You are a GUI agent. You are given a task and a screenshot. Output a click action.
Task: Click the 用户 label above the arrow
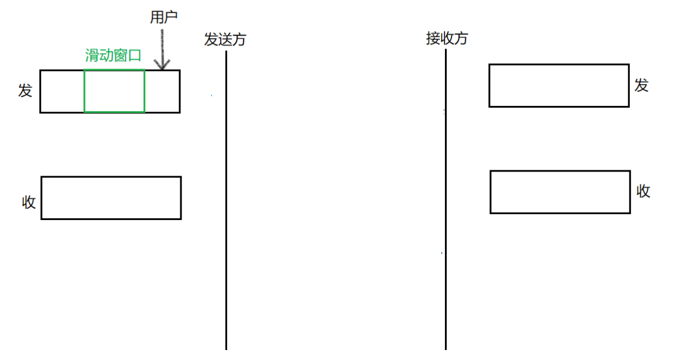pyautogui.click(x=163, y=18)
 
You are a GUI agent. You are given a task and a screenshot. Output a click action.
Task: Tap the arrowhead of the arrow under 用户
pyautogui.click(x=162, y=64)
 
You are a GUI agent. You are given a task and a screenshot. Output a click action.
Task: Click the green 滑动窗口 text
pyautogui.click(x=114, y=56)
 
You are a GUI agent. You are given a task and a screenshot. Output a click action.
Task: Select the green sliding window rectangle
pyautogui.click(x=114, y=91)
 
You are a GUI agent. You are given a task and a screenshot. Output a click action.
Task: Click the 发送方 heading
pyautogui.click(x=225, y=39)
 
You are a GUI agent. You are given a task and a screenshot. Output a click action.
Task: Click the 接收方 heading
pyautogui.click(x=447, y=39)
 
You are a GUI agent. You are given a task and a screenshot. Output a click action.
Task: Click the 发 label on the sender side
pyautogui.click(x=25, y=91)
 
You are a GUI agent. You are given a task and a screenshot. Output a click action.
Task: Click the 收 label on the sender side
pyautogui.click(x=29, y=203)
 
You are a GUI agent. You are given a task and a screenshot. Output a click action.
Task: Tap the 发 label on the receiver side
pyautogui.click(x=642, y=85)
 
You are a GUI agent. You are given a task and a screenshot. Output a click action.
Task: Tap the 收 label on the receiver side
pyautogui.click(x=643, y=191)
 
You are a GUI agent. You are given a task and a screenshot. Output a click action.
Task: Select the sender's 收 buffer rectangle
pyautogui.click(x=111, y=198)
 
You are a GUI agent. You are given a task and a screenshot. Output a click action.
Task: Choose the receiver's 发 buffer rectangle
pyautogui.click(x=559, y=85)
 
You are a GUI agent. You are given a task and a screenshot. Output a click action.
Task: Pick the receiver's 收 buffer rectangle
pyautogui.click(x=560, y=192)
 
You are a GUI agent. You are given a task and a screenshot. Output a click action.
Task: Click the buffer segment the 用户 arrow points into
pyautogui.click(x=162, y=91)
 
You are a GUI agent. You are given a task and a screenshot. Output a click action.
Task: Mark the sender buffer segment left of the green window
pyautogui.click(x=62, y=91)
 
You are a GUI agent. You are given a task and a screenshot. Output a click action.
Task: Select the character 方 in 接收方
pyautogui.click(x=461, y=39)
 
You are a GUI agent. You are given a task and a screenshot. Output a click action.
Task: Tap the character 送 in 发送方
pyautogui.click(x=225, y=39)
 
